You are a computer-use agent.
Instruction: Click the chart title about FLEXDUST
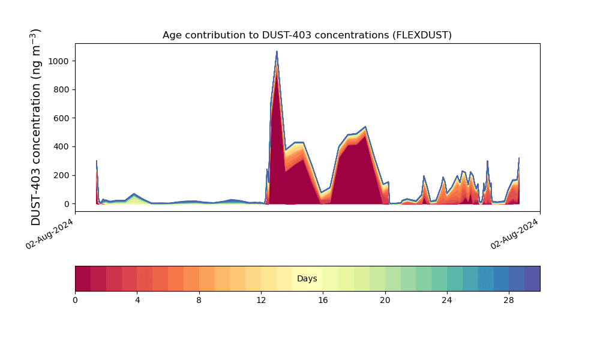[307, 35]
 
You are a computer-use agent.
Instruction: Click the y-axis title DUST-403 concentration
[37, 127]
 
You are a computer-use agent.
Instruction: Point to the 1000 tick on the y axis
[59, 61]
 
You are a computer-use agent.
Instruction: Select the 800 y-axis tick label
[61, 90]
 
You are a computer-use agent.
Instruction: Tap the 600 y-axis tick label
[61, 118]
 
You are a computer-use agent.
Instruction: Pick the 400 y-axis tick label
[61, 147]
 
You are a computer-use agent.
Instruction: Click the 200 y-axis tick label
[61, 175]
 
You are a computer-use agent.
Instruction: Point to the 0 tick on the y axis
[67, 204]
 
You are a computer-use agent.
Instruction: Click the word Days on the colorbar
[307, 279]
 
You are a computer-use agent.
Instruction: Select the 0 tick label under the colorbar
[75, 300]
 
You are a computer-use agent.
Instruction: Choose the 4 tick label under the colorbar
[137, 300]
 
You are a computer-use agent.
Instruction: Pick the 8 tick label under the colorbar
[199, 300]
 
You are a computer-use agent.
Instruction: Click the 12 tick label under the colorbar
[261, 300]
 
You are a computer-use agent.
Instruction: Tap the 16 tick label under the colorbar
[323, 300]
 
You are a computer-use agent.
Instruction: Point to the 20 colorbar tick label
[385, 300]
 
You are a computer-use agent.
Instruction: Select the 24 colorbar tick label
[447, 300]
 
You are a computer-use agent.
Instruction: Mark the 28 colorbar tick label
[509, 300]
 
